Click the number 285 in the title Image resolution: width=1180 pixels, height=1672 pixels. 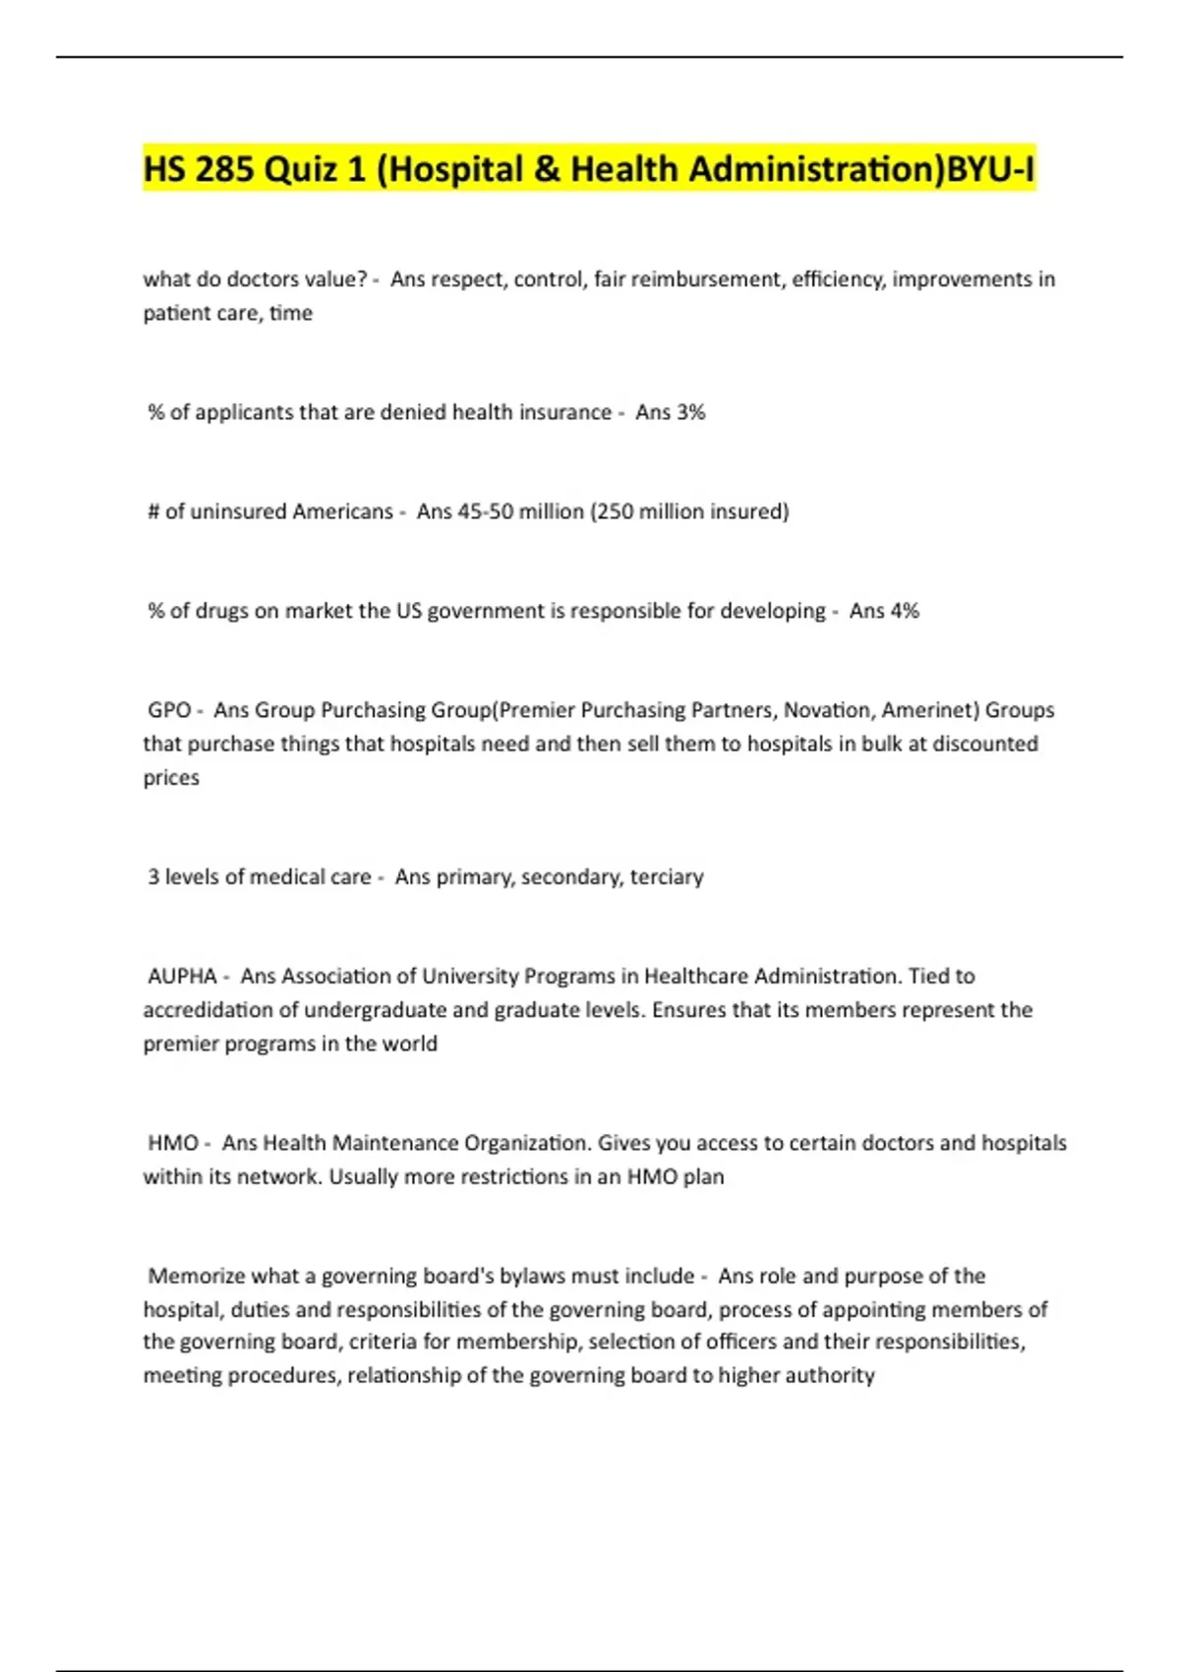tap(225, 169)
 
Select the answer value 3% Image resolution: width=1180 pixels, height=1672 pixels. tap(690, 412)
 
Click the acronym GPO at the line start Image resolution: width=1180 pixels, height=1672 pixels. tap(169, 710)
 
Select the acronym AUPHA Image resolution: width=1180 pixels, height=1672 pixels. tap(182, 976)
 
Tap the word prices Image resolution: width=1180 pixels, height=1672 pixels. tap(171, 777)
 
